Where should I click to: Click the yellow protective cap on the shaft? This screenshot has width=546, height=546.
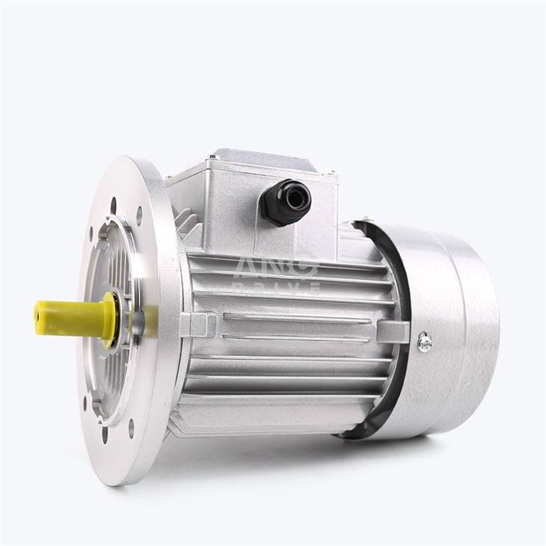click(x=71, y=318)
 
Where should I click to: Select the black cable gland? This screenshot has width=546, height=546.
click(x=285, y=200)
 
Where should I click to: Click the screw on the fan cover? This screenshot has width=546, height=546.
click(x=425, y=342)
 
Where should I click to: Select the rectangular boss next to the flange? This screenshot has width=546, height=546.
click(x=197, y=325)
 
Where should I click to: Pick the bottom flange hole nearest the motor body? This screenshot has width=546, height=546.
click(x=132, y=429)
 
